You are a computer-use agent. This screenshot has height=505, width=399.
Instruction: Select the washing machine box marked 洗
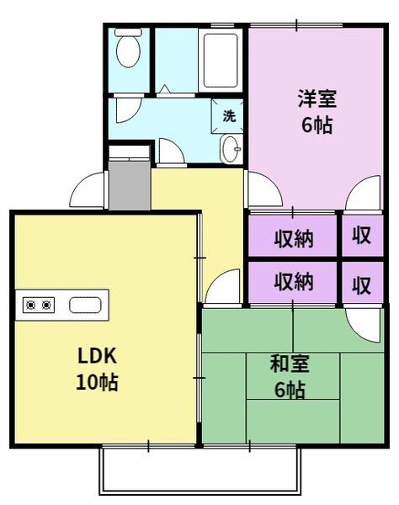[229, 116]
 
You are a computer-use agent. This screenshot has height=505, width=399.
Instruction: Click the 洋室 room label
[317, 98]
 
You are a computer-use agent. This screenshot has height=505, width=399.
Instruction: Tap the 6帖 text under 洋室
[317, 125]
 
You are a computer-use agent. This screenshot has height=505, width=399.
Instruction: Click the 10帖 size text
[98, 383]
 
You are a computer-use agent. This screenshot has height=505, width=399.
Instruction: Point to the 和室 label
[290, 364]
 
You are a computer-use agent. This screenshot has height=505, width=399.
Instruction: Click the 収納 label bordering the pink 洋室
[294, 238]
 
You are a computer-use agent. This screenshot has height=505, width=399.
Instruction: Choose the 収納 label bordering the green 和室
[294, 282]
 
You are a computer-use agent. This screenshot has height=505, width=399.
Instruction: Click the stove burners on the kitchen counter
[39, 305]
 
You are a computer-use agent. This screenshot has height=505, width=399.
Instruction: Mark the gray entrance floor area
[128, 183]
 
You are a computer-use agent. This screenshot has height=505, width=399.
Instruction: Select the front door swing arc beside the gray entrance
[87, 190]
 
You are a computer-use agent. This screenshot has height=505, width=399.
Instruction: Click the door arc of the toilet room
[128, 109]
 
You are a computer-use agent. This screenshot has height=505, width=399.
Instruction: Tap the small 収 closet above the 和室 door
[361, 284]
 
